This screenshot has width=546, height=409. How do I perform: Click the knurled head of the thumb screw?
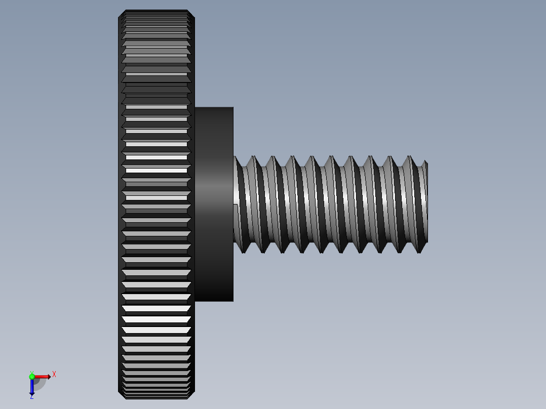tap(156, 202)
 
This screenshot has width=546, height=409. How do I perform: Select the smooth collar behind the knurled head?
tap(214, 152)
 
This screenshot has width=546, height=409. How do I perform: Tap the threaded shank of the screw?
tap(329, 202)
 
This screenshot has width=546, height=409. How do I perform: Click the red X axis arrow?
tap(43, 377)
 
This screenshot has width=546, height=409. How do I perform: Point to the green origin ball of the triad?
tap(32, 376)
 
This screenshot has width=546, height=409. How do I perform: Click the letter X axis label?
tap(54, 375)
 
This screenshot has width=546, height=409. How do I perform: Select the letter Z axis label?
tap(31, 397)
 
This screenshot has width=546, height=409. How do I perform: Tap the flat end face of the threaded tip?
tap(426, 202)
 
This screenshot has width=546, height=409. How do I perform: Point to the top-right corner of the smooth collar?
tap(233, 108)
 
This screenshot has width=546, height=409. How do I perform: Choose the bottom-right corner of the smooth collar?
tap(233, 301)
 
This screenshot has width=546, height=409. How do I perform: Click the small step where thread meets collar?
tap(236, 204)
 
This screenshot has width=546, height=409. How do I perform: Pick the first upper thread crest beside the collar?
tap(253, 157)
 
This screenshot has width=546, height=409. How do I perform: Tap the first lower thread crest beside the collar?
tap(243, 252)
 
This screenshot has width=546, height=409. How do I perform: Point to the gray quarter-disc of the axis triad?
tap(40, 384)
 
